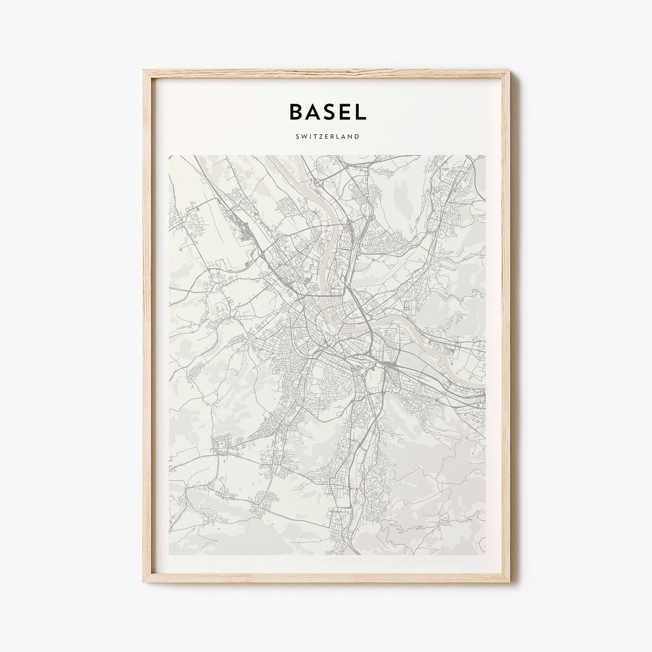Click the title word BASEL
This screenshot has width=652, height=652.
(327, 112)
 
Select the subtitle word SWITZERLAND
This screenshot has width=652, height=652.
(327, 136)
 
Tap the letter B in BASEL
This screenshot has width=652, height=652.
(296, 112)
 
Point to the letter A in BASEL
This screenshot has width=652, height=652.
(313, 112)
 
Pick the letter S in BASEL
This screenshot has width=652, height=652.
(328, 112)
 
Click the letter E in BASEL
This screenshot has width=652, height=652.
(344, 112)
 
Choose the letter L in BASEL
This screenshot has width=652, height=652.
(359, 112)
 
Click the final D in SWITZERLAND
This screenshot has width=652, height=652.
(357, 136)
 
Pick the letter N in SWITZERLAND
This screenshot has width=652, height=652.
(351, 136)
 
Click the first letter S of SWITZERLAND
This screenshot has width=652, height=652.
(297, 136)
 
